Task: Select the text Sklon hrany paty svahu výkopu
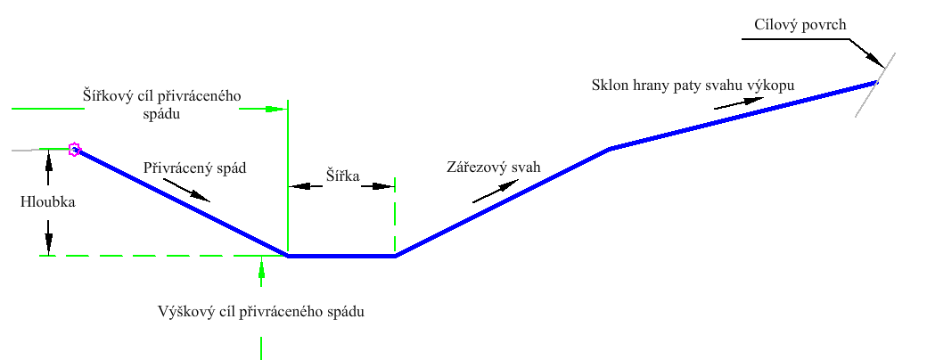[692, 86]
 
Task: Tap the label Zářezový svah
[493, 167]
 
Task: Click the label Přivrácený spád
[193, 167]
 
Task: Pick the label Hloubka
[48, 202]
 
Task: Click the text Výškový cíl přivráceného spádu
[260, 312]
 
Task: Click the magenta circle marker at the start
[75, 150]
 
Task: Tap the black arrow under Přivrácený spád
[188, 190]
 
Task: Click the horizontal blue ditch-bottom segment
[341, 256]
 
